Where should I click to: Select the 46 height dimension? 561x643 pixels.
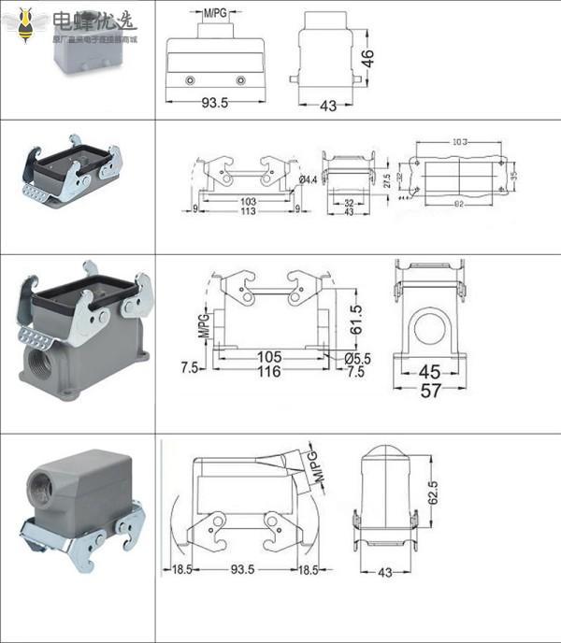click(x=368, y=58)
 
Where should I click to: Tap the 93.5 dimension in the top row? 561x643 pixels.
click(x=215, y=103)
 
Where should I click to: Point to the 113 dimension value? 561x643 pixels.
click(x=248, y=210)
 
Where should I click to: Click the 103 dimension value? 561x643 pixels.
click(x=248, y=201)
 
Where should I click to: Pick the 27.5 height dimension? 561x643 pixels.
click(x=386, y=179)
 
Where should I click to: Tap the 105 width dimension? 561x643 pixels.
click(x=269, y=357)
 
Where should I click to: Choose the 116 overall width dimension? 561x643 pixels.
click(x=269, y=372)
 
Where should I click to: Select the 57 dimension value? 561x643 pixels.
click(x=430, y=391)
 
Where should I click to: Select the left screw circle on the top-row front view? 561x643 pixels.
click(x=191, y=80)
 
